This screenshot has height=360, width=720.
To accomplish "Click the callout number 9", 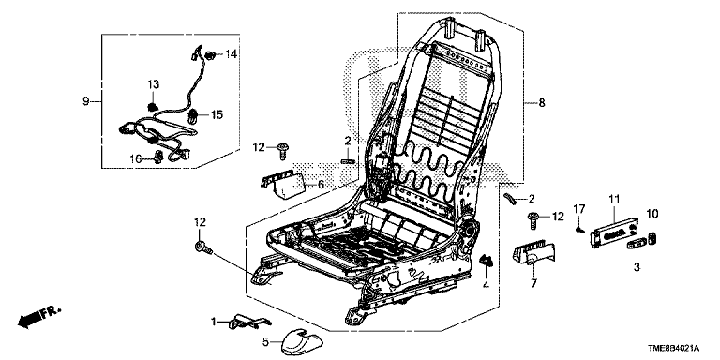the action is pos(86,101).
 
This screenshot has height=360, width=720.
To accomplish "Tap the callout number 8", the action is pos(542,103).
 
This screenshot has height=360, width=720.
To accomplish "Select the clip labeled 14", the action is pos(210,55).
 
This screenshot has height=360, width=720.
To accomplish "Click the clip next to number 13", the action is pos(152,108).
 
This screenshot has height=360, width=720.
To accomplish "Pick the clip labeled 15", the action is pos(193,116).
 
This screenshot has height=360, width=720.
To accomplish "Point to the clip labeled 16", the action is pos(159,157).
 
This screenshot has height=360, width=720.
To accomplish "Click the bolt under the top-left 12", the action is pos(282,151).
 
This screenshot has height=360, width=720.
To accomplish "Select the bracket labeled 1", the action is pos(248,322).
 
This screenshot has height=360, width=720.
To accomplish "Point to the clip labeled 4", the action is pos(486,262).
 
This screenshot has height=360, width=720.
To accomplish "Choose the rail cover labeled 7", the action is pos(532,252).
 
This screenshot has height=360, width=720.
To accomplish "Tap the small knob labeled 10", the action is pos(652,239).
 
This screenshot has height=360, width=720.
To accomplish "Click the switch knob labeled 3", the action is pos(636,244).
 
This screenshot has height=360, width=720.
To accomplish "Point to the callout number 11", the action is pos(614,200).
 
